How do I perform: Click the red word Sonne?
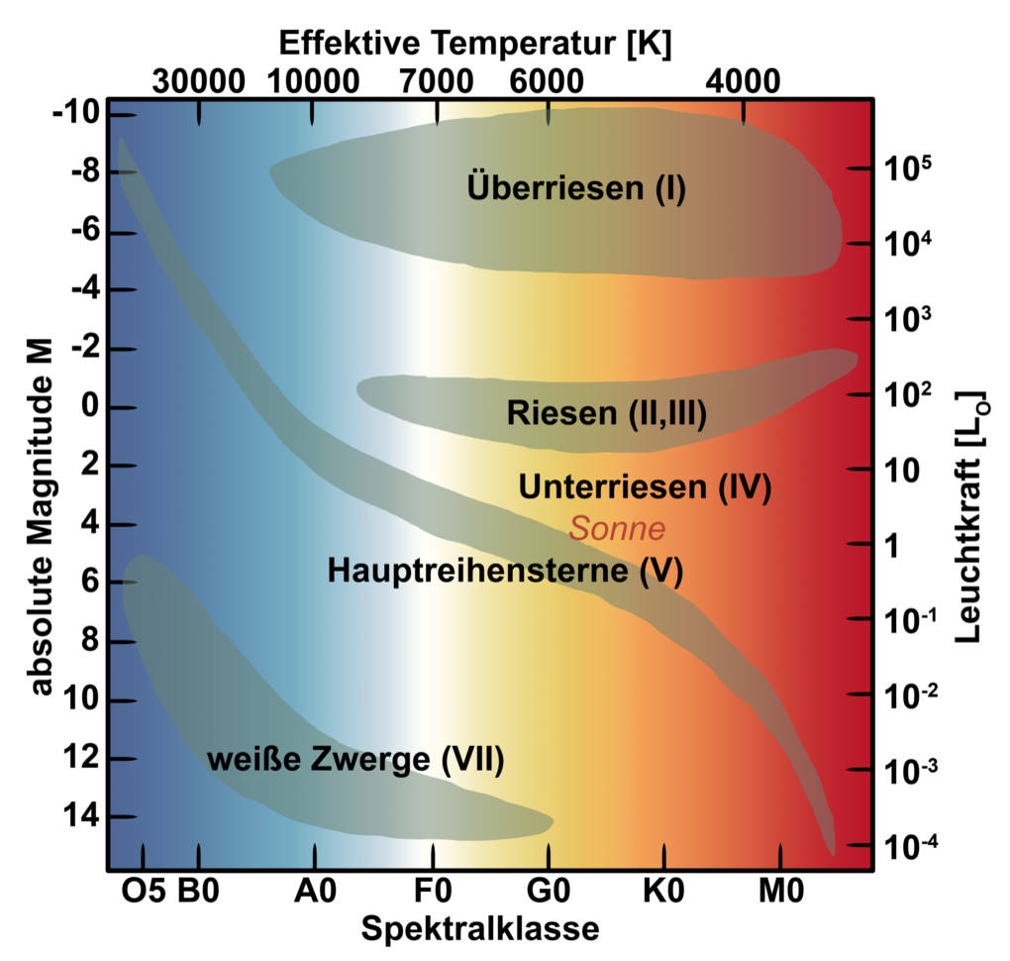point(616,528)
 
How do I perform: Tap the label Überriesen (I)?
point(576,186)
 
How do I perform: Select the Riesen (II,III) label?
point(606,413)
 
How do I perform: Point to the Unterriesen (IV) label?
point(645,486)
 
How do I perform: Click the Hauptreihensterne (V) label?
point(505,571)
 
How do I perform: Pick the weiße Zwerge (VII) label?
point(355,760)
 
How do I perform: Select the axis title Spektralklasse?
point(479,930)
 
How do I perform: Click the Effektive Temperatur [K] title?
point(474,44)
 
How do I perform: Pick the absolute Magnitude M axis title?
point(40,514)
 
